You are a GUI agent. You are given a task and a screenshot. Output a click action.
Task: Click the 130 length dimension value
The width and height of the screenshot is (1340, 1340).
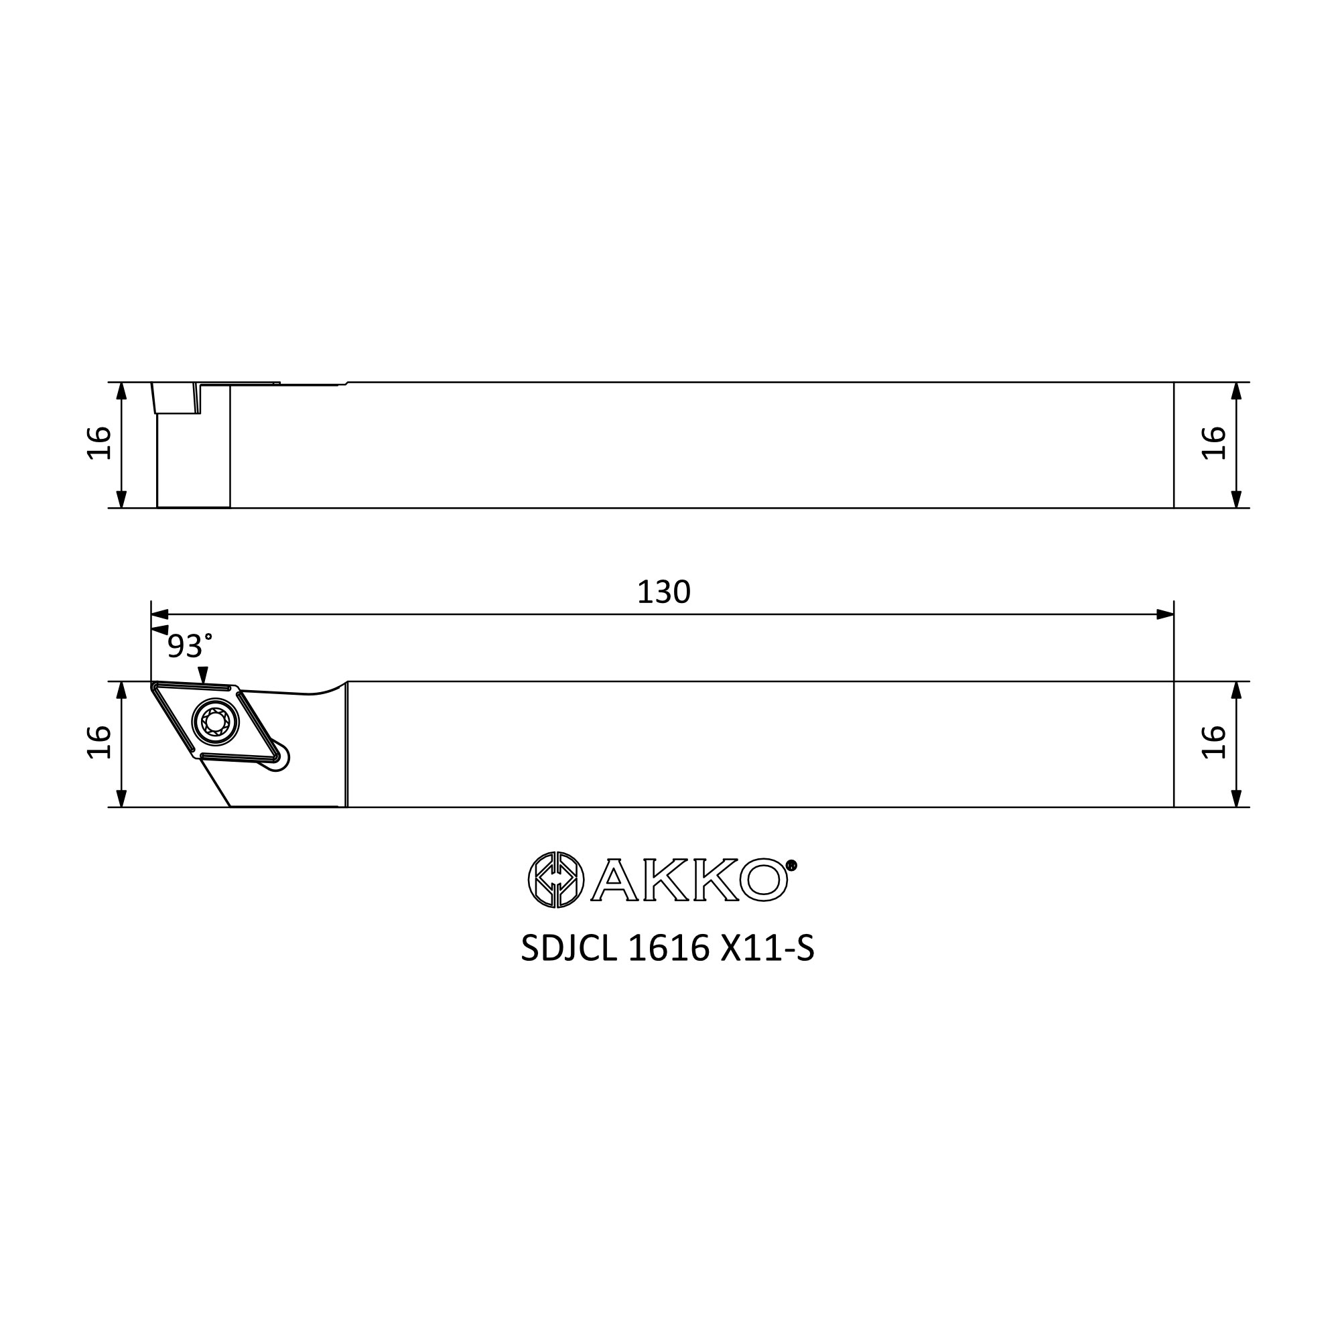(x=663, y=592)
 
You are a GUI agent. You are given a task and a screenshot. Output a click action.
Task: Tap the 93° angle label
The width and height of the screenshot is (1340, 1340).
(x=190, y=646)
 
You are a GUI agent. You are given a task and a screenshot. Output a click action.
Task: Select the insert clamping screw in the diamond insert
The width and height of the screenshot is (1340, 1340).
(x=215, y=722)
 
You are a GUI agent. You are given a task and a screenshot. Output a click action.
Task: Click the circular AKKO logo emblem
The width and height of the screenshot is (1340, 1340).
(x=555, y=880)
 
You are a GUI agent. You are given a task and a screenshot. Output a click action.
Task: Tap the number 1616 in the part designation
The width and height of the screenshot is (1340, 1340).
(x=669, y=948)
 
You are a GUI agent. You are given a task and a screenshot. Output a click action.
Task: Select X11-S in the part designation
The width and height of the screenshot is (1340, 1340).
(x=767, y=948)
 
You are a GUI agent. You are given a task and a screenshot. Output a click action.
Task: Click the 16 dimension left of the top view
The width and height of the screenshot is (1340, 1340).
(x=99, y=442)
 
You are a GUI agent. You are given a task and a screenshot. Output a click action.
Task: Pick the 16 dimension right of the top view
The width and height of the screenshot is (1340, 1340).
(x=1214, y=442)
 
